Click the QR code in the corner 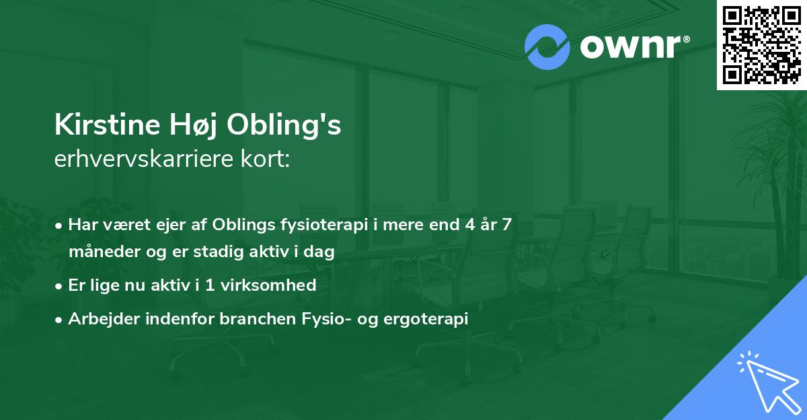761,44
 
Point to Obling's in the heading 284,126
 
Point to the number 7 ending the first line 507,224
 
